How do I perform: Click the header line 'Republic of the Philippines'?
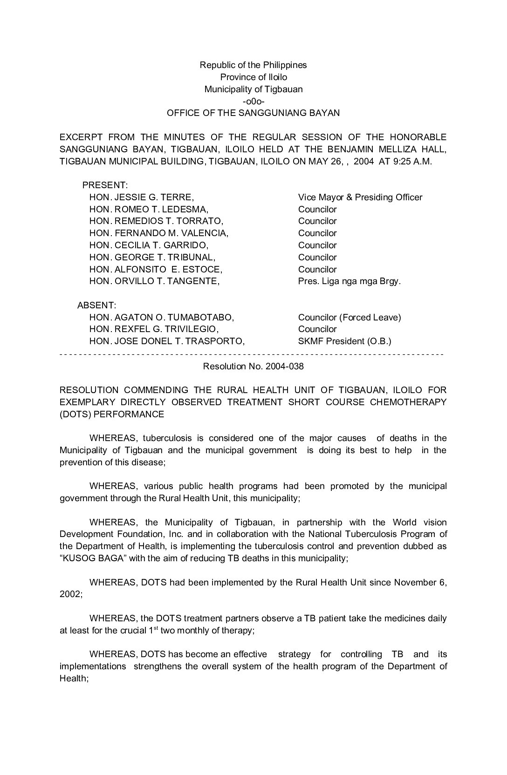point(253,65)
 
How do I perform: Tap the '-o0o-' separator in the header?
point(253,101)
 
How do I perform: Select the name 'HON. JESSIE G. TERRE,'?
point(142,197)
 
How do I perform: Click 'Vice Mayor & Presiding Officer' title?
point(360,197)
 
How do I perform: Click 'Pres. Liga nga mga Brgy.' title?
point(349,281)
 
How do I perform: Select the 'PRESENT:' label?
point(105,185)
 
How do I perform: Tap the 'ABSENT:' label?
point(96,306)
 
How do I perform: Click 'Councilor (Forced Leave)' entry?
point(349,318)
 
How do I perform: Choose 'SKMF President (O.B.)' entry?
point(344,341)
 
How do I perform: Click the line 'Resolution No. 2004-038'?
point(253,367)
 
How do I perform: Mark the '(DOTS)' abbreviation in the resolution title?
point(75,415)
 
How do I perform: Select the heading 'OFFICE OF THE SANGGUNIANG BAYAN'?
point(253,113)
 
